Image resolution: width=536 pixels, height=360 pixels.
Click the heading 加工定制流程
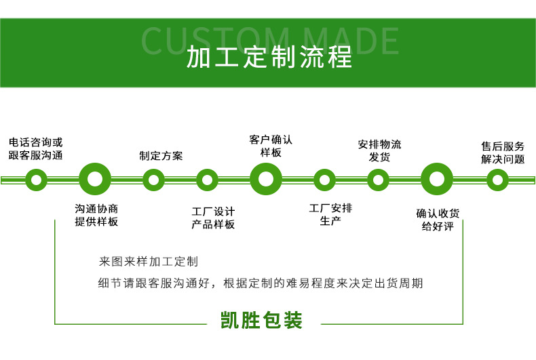(x=269, y=58)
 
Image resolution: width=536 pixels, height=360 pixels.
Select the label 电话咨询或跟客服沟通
(x=35, y=149)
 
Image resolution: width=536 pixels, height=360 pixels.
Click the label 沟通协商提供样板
(x=96, y=216)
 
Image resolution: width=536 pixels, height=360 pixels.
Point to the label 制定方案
(x=161, y=155)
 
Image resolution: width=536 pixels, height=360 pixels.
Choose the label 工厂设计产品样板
(x=213, y=218)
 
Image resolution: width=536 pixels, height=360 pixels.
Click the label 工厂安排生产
(x=330, y=214)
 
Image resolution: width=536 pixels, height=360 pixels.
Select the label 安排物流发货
(x=379, y=151)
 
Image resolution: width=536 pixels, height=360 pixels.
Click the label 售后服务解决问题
(x=503, y=153)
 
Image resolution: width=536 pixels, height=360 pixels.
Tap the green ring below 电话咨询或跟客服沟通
(x=35, y=180)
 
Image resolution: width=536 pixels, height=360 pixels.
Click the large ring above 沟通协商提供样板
(x=95, y=180)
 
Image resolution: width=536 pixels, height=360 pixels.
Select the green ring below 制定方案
(x=154, y=180)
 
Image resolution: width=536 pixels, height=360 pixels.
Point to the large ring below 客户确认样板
(x=266, y=180)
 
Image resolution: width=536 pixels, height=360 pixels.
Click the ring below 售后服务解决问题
(x=497, y=180)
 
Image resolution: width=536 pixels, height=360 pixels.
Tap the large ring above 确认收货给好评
(x=437, y=180)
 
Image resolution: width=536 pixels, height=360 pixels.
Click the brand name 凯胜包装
(x=261, y=320)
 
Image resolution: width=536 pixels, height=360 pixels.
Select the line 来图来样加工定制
(x=149, y=261)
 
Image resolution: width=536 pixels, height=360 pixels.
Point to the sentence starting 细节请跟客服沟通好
(x=261, y=283)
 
